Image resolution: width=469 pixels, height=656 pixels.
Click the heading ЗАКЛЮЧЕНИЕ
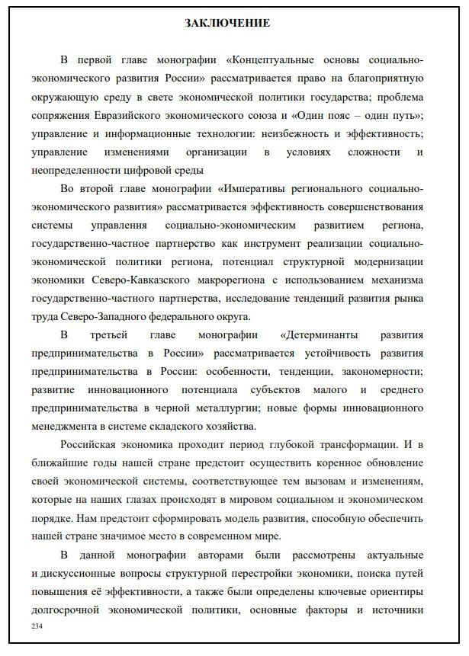[x=227, y=24]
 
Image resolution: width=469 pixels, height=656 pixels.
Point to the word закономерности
[x=378, y=372]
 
